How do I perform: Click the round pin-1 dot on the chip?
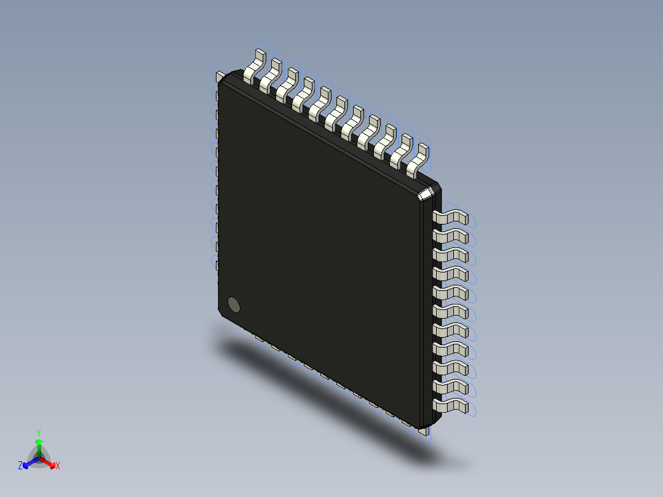234,304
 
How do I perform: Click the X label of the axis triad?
58,466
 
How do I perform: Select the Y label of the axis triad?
38,432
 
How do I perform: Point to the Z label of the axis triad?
20,466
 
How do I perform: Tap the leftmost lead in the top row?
255,66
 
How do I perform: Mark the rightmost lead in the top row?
418,159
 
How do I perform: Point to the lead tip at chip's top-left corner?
219,76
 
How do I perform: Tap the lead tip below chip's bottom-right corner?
423,432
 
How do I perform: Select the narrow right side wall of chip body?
429,308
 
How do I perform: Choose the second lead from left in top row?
271,75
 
